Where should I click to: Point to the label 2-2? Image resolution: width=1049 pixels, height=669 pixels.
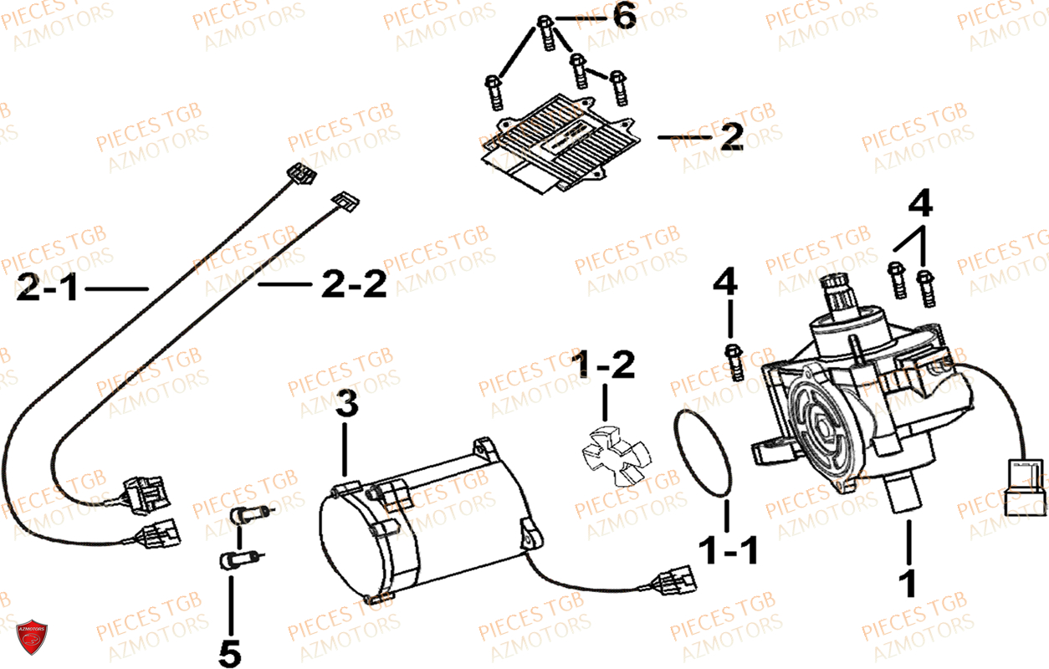coord(354,287)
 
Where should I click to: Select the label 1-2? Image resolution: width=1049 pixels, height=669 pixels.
coord(603,365)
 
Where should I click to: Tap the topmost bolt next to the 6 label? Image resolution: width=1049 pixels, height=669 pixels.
coord(545,31)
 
